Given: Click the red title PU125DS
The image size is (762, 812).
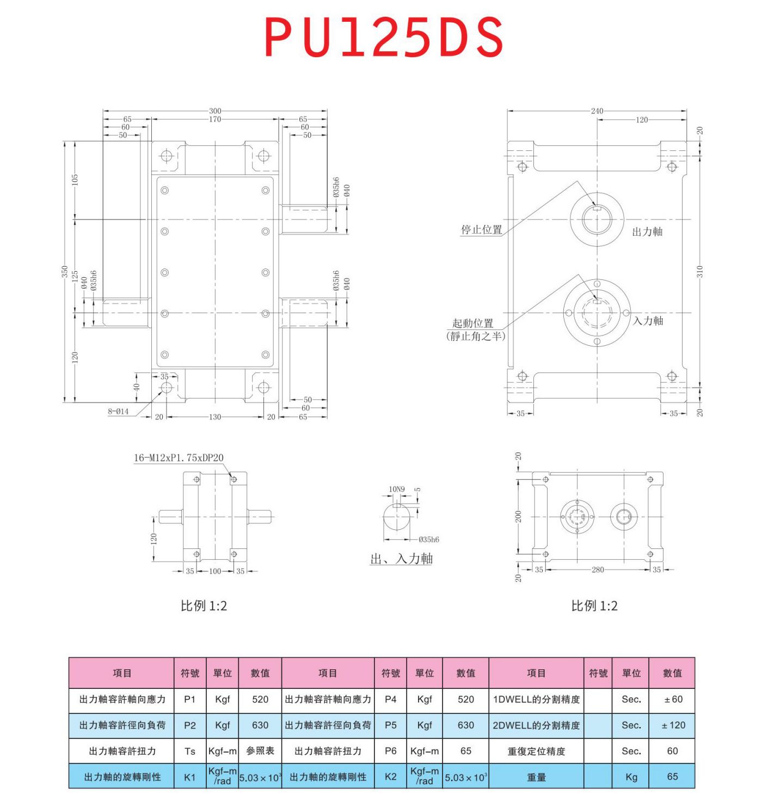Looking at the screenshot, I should coord(384,37).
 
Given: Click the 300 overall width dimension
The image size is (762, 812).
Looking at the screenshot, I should coord(215,111).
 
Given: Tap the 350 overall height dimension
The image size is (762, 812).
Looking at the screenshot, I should coord(65,272).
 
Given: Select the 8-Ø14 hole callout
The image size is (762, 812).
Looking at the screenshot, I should coord(118,411).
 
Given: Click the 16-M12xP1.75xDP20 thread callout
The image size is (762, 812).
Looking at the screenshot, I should coord(179,457).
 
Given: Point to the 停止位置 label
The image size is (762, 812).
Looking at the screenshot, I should coord(481,230).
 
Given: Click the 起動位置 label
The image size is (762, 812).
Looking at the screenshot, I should coord(472,323).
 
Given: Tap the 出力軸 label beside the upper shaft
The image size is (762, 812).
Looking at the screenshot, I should coord(647,232).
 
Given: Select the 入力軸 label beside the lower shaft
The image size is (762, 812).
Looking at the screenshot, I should coord(648,321).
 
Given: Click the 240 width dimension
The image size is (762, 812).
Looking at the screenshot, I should coord(597,111).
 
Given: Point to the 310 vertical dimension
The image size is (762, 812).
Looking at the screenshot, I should coord(700,271).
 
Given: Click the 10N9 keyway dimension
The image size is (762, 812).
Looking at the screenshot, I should coord(396,489).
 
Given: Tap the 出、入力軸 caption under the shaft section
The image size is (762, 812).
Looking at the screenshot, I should coord(401,559).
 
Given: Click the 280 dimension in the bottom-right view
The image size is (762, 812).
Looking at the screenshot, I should coord(598,570).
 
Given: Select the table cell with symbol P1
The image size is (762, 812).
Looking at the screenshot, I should coord(189,699).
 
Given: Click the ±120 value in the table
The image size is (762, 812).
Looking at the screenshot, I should coord(672,725).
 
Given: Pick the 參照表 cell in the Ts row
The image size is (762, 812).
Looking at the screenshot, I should coord(260,751).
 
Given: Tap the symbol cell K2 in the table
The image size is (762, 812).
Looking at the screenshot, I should coord(390,777).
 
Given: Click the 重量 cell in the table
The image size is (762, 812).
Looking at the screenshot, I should coord(536,777).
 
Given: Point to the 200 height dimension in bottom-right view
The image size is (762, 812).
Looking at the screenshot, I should coord(518,516).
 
